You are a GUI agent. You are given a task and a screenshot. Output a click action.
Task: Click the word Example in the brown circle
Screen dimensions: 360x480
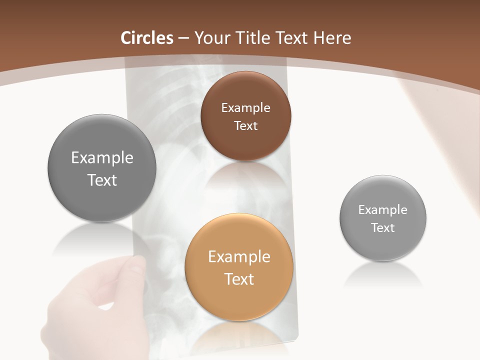click(245, 107)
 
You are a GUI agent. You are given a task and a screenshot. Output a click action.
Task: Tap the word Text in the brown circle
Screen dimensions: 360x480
click(245, 125)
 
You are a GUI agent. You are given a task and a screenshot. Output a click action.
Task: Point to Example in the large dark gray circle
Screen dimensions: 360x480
click(102, 157)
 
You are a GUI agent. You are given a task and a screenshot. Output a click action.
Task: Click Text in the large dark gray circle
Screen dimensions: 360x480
click(102, 180)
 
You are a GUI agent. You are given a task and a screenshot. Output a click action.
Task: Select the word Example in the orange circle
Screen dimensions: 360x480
click(239, 256)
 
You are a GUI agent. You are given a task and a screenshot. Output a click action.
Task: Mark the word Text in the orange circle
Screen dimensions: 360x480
click(239, 278)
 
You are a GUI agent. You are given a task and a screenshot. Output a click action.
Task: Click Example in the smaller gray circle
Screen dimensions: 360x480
click(383, 209)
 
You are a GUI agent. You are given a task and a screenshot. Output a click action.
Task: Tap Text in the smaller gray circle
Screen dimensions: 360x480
click(383, 227)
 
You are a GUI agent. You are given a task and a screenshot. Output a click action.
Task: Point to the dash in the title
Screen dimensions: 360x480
click(183, 38)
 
